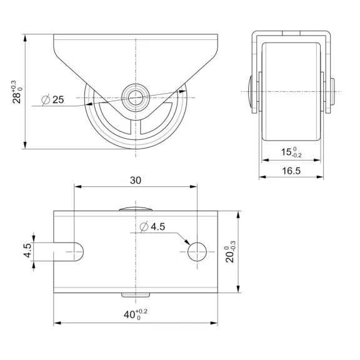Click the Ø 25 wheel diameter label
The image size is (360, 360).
coord(52,100)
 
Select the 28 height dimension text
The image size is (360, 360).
coord(17,92)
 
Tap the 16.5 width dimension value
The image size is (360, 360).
coord(291,171)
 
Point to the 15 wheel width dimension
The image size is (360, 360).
coord(291,152)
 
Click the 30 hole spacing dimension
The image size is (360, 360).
coord(136,181)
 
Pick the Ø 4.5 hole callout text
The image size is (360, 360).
coord(152,227)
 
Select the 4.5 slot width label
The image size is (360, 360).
coord(27,251)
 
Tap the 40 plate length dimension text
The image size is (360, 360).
coord(136,314)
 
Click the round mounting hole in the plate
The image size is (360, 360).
coord(197,252)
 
